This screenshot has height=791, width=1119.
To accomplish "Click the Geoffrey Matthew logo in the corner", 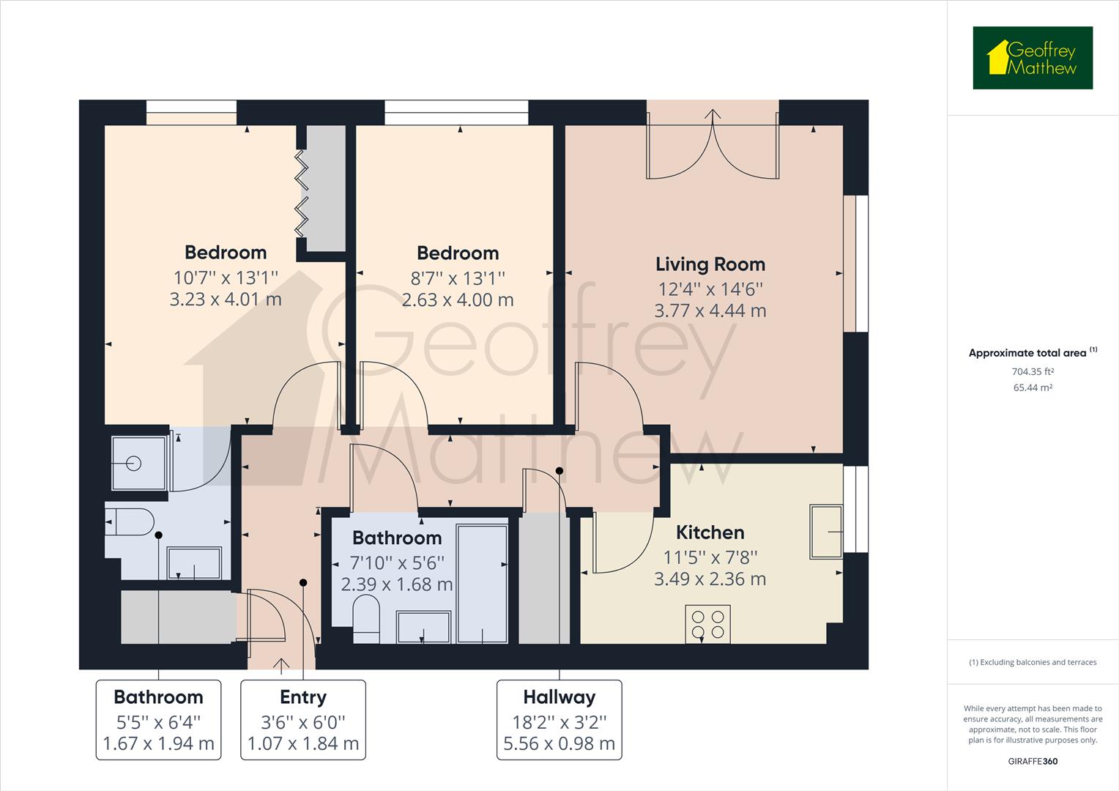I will click(x=1033, y=58).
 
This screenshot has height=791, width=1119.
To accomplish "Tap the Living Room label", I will click(x=710, y=264).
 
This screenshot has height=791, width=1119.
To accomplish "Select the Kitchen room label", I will click(x=710, y=532).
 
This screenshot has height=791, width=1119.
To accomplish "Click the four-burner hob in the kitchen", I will click(x=707, y=624).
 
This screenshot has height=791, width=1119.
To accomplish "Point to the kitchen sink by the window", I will click(x=826, y=531).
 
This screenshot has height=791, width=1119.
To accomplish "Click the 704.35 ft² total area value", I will click(x=1033, y=371).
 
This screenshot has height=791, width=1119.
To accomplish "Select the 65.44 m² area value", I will click(x=1033, y=388).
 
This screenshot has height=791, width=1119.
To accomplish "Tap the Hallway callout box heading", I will click(x=559, y=697).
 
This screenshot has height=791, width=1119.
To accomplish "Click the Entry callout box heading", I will click(x=302, y=697).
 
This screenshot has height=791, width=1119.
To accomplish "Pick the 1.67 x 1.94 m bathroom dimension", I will click(x=158, y=744).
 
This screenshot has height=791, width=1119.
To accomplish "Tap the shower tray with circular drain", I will click(x=138, y=463).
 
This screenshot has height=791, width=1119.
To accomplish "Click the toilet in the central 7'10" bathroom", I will click(x=366, y=615).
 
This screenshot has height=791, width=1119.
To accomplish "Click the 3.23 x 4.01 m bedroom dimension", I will click(x=226, y=300).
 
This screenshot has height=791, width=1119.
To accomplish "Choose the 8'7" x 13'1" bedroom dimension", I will click(x=458, y=278).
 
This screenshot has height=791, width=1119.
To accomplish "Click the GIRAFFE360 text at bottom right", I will click(x=1033, y=762).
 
